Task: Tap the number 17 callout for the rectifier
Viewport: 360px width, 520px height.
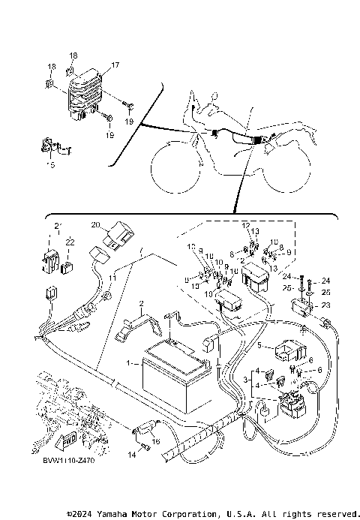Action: tap(115, 66)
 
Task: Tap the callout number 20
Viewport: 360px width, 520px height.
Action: tap(95, 224)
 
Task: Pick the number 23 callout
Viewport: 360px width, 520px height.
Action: tap(325, 305)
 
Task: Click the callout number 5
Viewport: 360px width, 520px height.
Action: tap(259, 346)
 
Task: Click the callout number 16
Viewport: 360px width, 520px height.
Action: tap(156, 442)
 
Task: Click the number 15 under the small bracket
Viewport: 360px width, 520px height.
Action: tap(51, 164)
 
